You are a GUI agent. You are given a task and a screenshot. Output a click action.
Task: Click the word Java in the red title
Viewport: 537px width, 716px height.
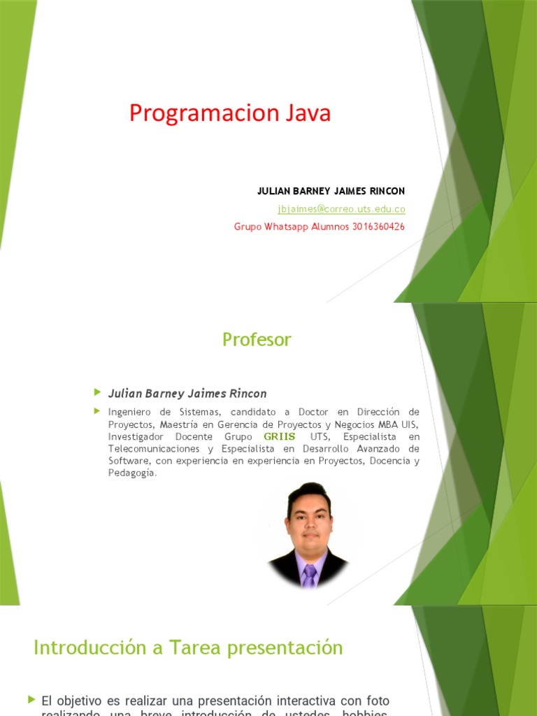pyautogui.click(x=308, y=113)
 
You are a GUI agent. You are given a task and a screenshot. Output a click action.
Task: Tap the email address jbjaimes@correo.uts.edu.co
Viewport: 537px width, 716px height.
pyautogui.click(x=341, y=209)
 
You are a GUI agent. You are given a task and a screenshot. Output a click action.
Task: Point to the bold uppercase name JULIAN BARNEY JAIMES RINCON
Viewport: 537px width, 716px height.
pyautogui.click(x=331, y=191)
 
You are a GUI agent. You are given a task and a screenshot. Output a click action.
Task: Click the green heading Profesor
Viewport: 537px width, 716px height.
pyautogui.click(x=257, y=340)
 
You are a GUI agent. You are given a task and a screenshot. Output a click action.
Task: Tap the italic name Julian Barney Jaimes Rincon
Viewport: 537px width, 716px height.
pyautogui.click(x=187, y=394)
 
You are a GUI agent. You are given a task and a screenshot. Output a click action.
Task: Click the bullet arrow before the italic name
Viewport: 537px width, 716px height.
pyautogui.click(x=97, y=392)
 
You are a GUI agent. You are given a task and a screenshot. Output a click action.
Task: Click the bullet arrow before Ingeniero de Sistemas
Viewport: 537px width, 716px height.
pyautogui.click(x=97, y=411)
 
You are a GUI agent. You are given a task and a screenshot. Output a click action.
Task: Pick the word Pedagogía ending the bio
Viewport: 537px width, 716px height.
pyautogui.click(x=132, y=473)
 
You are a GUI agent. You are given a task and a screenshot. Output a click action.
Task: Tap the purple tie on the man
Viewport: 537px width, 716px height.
pyautogui.click(x=309, y=574)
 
